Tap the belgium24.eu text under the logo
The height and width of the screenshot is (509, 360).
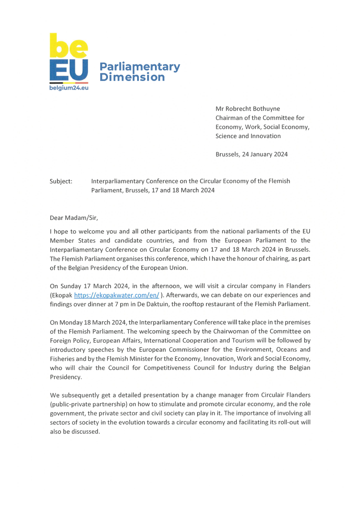coord(69,88)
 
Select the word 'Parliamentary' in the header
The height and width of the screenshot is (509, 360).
coord(139,67)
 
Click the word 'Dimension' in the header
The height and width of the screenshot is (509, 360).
coord(132,77)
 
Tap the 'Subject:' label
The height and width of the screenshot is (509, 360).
coord(61,181)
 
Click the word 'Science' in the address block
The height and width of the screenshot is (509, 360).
coord(227,136)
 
